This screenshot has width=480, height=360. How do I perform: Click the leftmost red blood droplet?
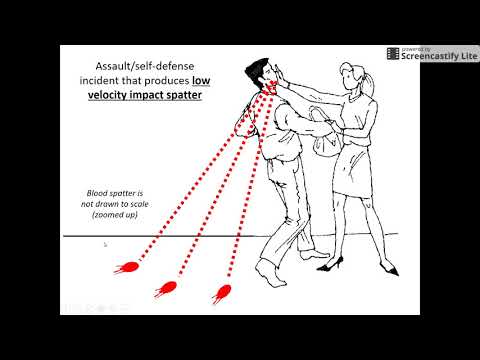click(127, 267)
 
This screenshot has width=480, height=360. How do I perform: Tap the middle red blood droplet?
click(166, 289)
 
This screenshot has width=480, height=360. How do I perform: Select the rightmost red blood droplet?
click(222, 293)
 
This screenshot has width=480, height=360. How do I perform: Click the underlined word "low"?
click(201, 80)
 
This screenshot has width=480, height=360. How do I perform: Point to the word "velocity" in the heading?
click(107, 95)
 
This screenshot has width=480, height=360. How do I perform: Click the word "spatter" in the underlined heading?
click(184, 95)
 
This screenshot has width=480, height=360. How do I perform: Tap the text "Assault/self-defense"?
click(145, 66)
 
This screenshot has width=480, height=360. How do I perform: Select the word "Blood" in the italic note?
click(97, 193)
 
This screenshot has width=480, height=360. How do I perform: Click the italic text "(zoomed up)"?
click(115, 215)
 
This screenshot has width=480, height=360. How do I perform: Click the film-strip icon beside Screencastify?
click(393, 54)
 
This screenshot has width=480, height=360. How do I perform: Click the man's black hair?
click(256, 68)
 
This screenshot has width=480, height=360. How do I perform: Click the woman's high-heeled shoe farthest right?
click(390, 268)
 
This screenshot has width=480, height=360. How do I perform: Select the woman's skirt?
click(352, 170)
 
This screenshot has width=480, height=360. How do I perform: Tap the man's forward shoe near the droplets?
click(271, 274)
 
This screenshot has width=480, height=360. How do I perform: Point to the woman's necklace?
click(354, 97)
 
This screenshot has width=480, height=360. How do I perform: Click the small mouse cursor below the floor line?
click(105, 245)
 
